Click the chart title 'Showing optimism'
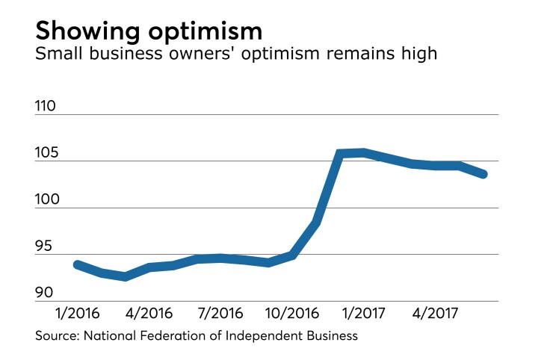coord(149,31)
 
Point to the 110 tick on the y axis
coord(46,106)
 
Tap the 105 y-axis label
coord(46,153)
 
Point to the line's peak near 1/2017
coord(363,152)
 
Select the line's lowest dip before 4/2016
coord(125,276)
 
